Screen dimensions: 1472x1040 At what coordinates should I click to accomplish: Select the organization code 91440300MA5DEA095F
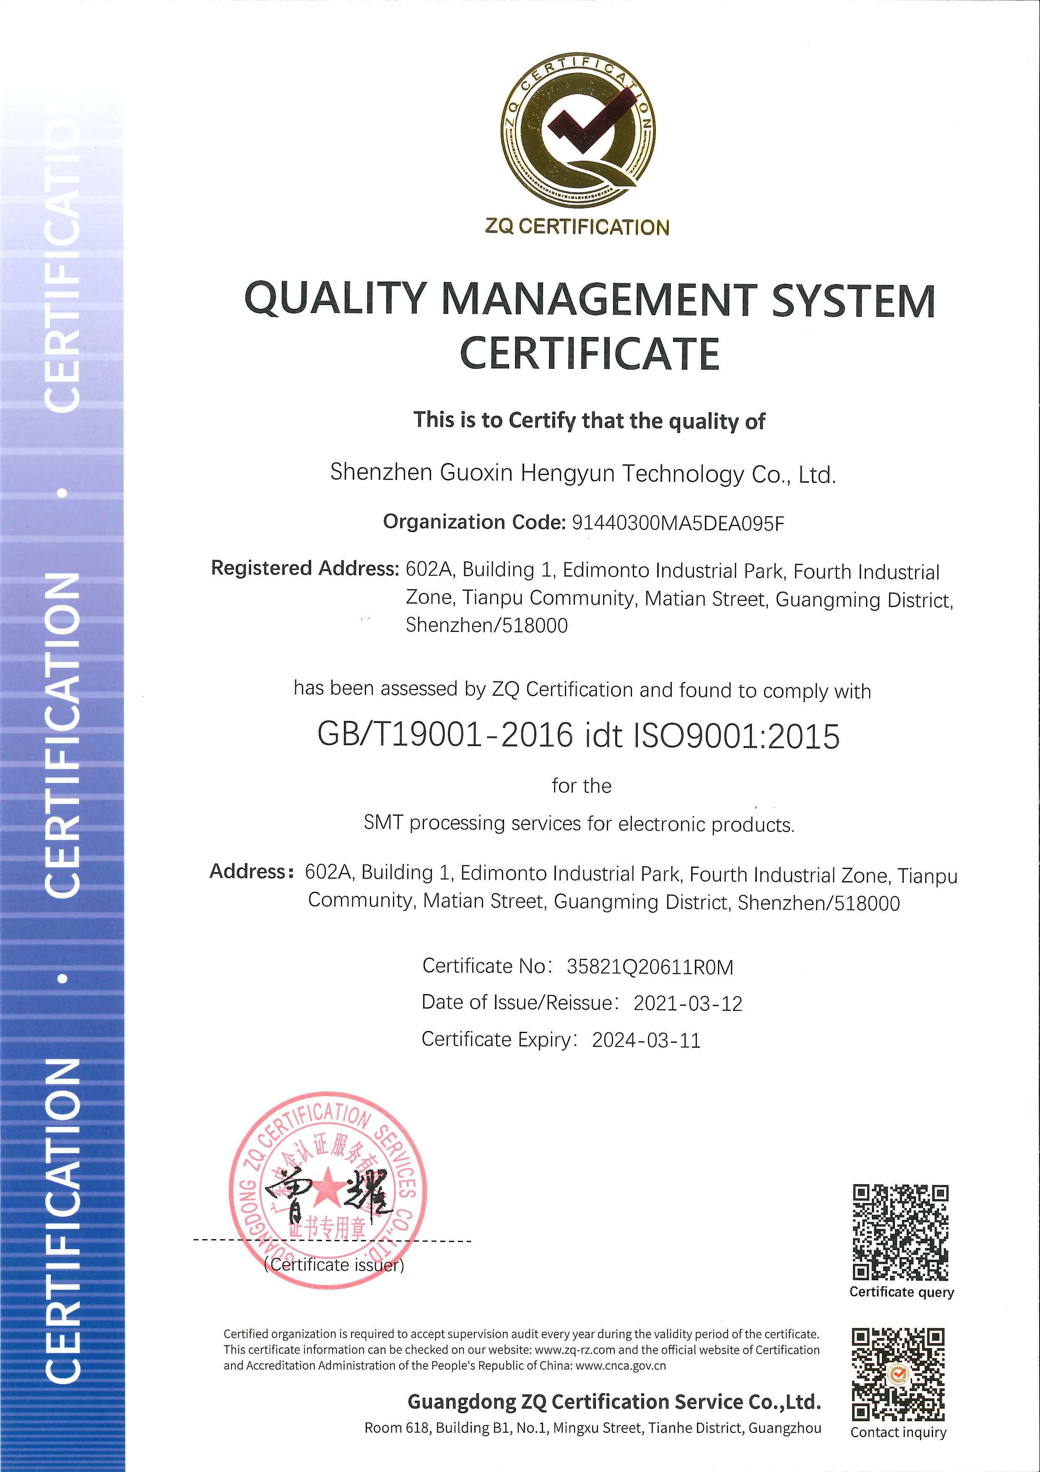point(678,524)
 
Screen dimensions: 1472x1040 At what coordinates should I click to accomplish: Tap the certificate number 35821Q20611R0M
point(650,967)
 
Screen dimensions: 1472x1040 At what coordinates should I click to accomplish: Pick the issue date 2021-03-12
point(688,1003)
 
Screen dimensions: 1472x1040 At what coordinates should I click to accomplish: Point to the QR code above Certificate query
point(900,1232)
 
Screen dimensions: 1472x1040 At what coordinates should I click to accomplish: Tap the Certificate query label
point(901,1292)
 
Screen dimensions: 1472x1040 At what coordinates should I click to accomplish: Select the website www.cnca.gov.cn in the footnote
point(621,1365)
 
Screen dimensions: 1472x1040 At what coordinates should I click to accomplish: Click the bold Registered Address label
point(305,569)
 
